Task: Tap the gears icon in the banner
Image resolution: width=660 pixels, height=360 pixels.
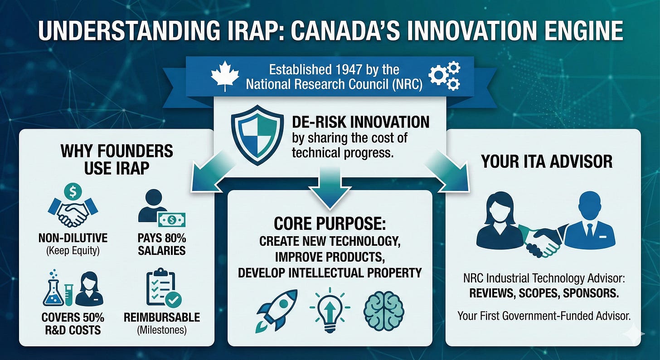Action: pyautogui.click(x=444, y=76)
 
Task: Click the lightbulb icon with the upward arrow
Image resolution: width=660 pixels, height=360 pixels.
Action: pyautogui.click(x=330, y=308)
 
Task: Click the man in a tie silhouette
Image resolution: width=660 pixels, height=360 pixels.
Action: pyautogui.click(x=589, y=225)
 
